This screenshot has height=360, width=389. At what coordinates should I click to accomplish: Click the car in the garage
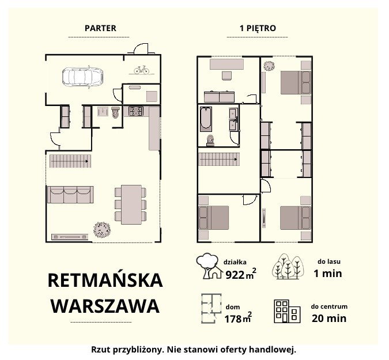(82, 77)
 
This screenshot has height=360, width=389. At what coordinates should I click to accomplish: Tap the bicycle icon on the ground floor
(141, 70)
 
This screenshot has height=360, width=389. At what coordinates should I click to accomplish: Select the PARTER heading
(100, 28)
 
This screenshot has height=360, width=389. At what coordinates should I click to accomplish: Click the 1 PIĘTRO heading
(258, 28)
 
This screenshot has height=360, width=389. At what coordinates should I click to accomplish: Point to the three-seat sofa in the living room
(70, 195)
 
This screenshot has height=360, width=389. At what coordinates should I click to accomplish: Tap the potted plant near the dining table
(102, 230)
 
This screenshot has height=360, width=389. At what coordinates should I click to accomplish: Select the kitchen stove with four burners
(136, 111)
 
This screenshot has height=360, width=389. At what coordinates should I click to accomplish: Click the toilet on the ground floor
(115, 112)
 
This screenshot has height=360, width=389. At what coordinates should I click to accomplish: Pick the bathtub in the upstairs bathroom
(206, 119)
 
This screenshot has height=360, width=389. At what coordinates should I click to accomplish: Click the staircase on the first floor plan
(219, 160)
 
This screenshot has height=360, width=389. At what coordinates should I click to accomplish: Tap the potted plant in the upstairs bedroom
(269, 66)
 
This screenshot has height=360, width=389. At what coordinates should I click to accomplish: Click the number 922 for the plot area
(235, 275)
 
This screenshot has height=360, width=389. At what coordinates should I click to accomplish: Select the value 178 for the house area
(233, 319)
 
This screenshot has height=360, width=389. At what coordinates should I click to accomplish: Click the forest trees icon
(288, 267)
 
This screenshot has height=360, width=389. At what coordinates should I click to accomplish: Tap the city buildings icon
(288, 312)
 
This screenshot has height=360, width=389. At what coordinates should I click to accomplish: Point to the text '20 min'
(329, 319)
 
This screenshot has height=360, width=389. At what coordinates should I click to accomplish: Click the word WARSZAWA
(105, 306)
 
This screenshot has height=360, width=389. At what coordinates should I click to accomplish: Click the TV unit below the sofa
(70, 237)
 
